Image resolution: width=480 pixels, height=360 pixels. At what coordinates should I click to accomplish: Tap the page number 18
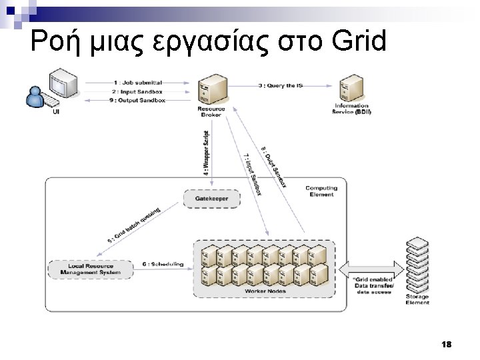(x=446, y=344)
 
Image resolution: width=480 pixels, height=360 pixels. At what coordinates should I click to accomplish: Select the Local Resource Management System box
(x=91, y=269)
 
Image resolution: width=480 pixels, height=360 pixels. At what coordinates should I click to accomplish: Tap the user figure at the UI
(x=36, y=97)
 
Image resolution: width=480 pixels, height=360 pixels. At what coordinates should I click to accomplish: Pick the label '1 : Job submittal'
(x=138, y=83)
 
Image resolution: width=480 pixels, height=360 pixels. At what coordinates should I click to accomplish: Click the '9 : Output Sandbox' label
(x=139, y=100)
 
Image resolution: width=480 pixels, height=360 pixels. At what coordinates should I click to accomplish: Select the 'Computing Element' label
(x=321, y=191)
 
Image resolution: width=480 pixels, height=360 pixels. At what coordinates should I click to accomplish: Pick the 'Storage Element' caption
(x=417, y=299)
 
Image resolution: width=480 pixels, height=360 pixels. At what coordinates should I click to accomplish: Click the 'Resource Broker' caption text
(x=211, y=112)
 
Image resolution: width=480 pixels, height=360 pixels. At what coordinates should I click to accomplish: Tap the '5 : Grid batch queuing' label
(x=133, y=226)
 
